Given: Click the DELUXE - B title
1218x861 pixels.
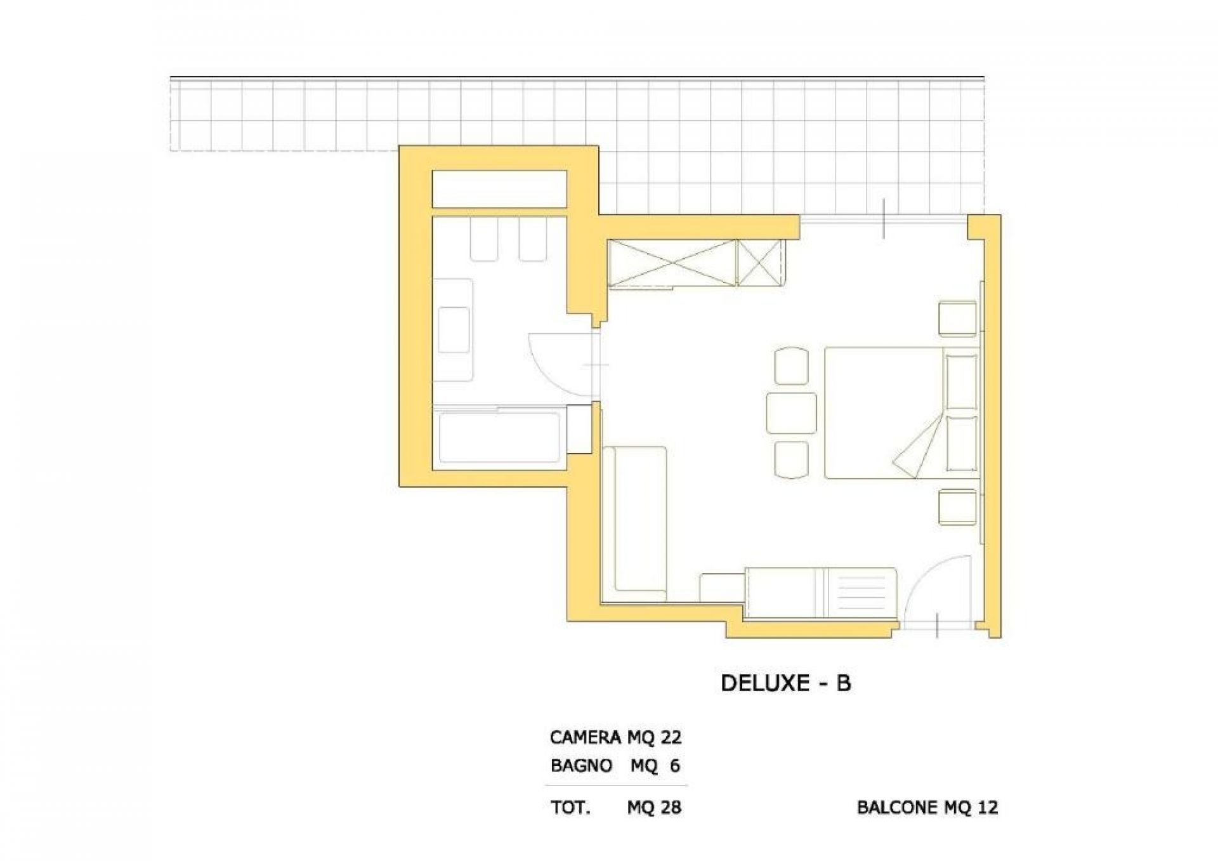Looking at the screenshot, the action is [x=786, y=683].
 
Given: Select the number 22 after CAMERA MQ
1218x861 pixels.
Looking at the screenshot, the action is [x=671, y=737].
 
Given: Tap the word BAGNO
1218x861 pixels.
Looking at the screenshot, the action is [x=581, y=766].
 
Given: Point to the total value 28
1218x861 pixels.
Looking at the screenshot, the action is [x=671, y=807].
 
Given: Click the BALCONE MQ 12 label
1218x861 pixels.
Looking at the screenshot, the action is [x=927, y=807].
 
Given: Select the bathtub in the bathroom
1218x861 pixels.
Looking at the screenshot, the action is [x=499, y=438].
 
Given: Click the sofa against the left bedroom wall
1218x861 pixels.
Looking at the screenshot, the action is [x=634, y=523].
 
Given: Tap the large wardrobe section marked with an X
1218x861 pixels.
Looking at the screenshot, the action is [x=672, y=263].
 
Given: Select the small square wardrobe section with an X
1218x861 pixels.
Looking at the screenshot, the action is [x=759, y=263].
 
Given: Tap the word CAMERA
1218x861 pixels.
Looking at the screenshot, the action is [x=585, y=737].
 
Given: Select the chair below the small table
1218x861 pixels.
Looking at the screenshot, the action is [x=792, y=459].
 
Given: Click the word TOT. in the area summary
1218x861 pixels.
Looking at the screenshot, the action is [x=570, y=807].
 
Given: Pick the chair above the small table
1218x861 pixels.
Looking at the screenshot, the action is [x=792, y=365].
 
